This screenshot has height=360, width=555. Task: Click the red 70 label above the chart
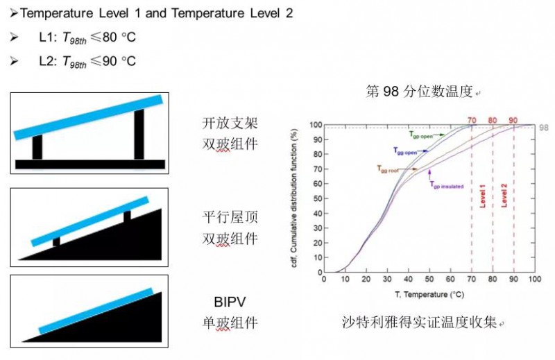(471, 120)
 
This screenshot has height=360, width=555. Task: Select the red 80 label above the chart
(493, 120)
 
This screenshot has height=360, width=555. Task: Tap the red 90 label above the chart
(513, 120)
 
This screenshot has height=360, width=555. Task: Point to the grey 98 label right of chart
(543, 128)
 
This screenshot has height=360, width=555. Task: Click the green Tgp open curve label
(420, 135)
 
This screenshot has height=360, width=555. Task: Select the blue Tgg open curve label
(404, 151)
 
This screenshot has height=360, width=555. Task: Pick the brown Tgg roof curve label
(388, 169)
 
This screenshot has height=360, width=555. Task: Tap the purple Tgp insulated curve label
(443, 185)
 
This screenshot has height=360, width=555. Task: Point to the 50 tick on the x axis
(429, 279)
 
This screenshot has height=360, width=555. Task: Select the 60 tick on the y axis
(316, 184)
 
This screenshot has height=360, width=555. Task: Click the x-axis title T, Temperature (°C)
(430, 295)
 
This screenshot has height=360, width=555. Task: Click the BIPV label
(230, 302)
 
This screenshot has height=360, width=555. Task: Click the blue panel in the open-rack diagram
(88, 117)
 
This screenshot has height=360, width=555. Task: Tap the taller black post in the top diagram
(139, 133)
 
